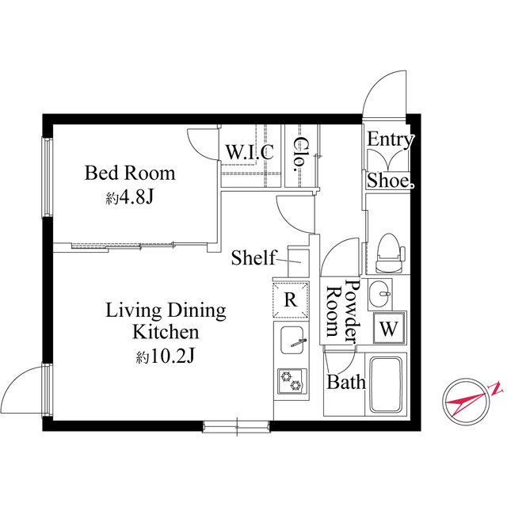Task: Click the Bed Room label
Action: tap(130, 173)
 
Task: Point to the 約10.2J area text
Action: tap(165, 356)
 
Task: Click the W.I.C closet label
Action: tap(250, 151)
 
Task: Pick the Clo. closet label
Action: tap(301, 155)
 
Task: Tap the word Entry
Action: tap(390, 140)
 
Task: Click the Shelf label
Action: tap(253, 257)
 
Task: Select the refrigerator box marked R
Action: tap(291, 299)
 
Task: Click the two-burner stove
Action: tap(291, 381)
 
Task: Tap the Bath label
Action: tap(347, 383)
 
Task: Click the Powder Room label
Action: tap(342, 311)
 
